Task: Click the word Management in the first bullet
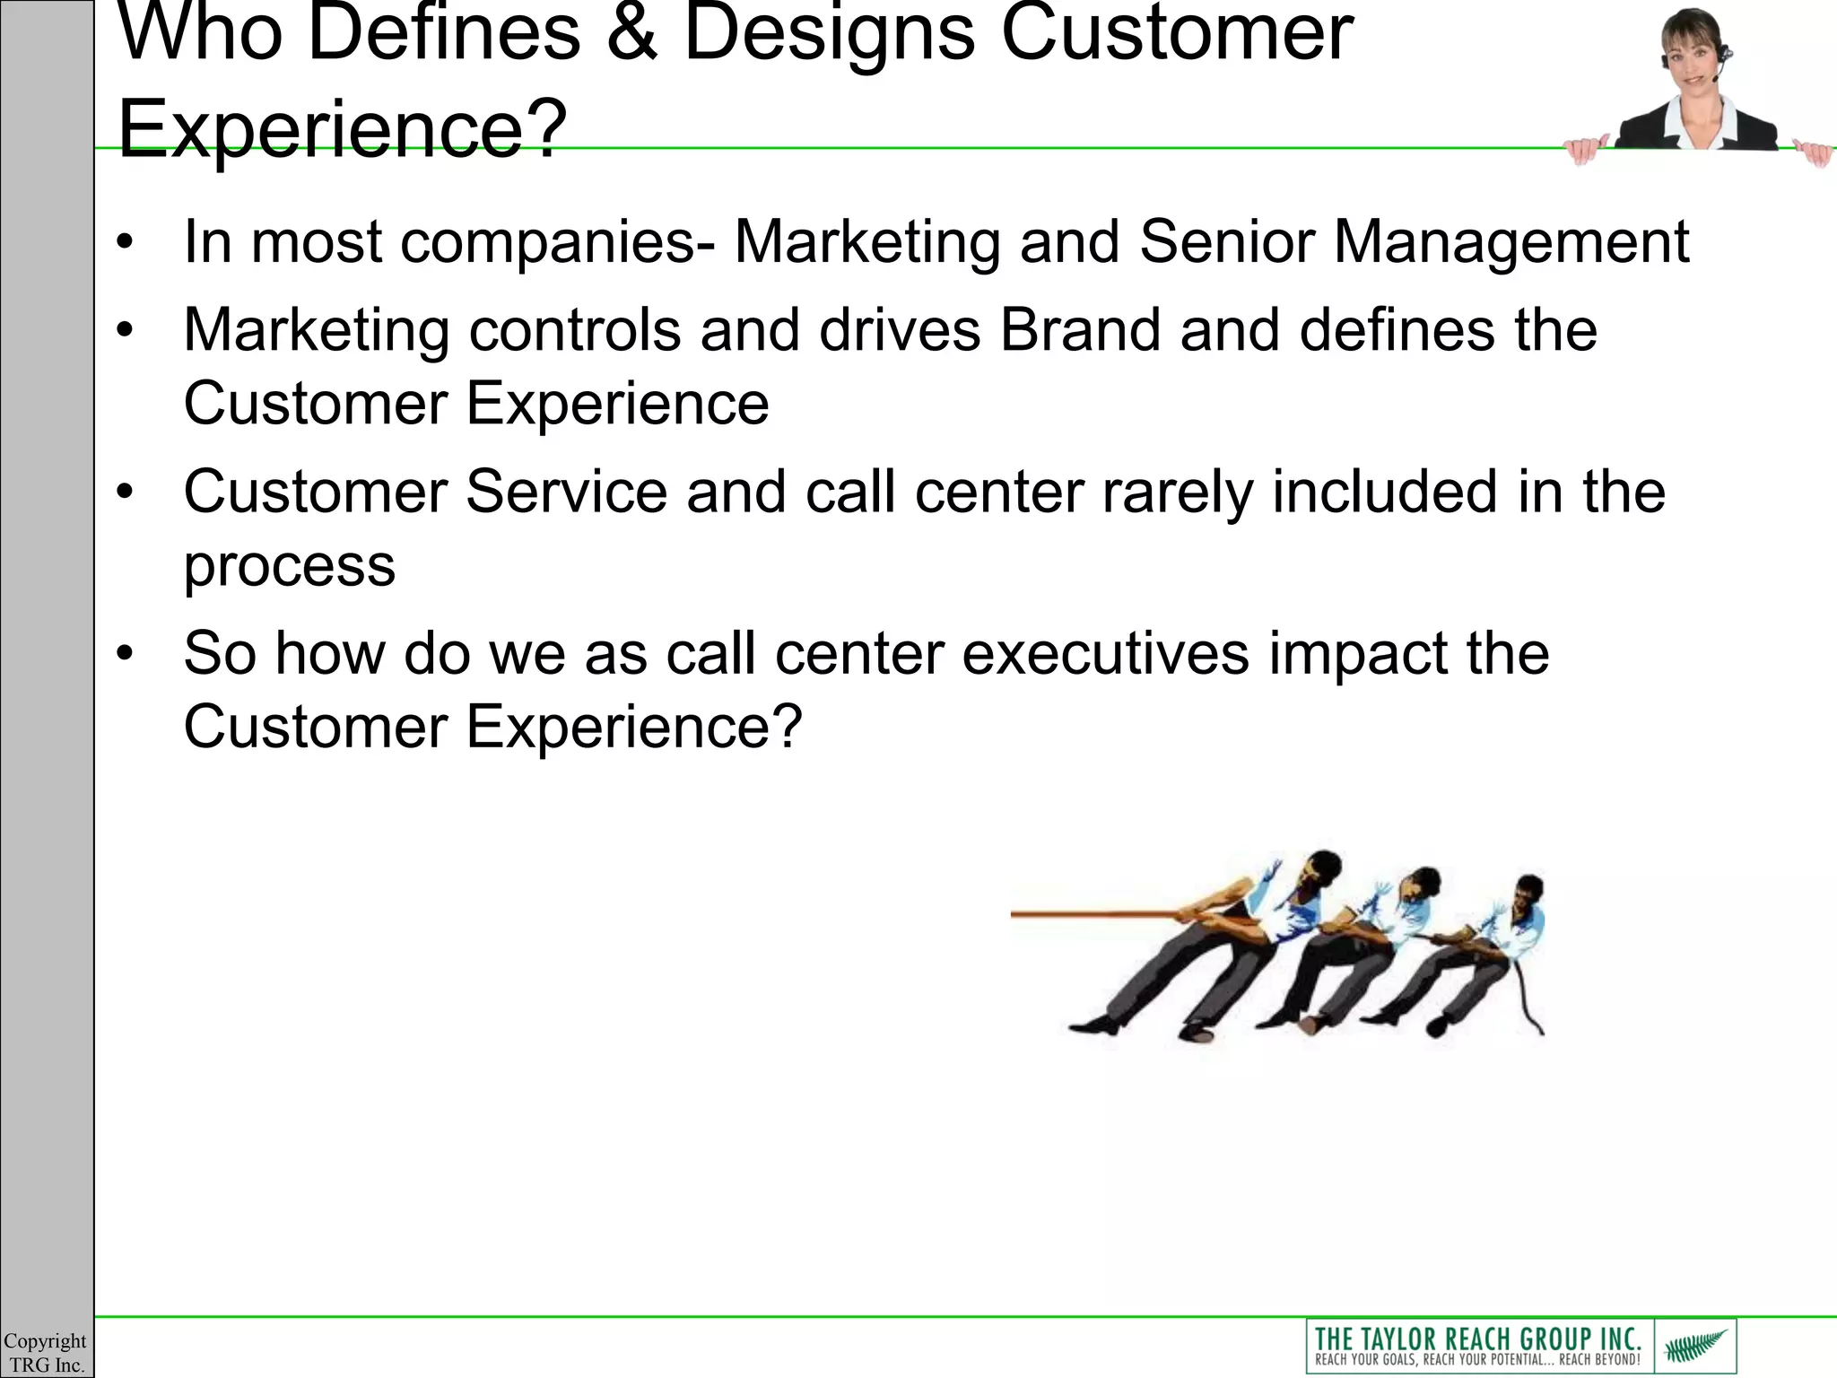point(1511,244)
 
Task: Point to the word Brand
point(1080,330)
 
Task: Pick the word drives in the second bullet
point(900,330)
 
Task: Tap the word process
point(289,567)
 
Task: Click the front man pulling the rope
point(1238,942)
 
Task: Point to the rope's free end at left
point(1018,914)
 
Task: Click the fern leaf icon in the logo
point(1694,1346)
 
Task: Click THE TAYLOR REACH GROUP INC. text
point(1477,1339)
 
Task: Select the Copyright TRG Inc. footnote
point(45,1353)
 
